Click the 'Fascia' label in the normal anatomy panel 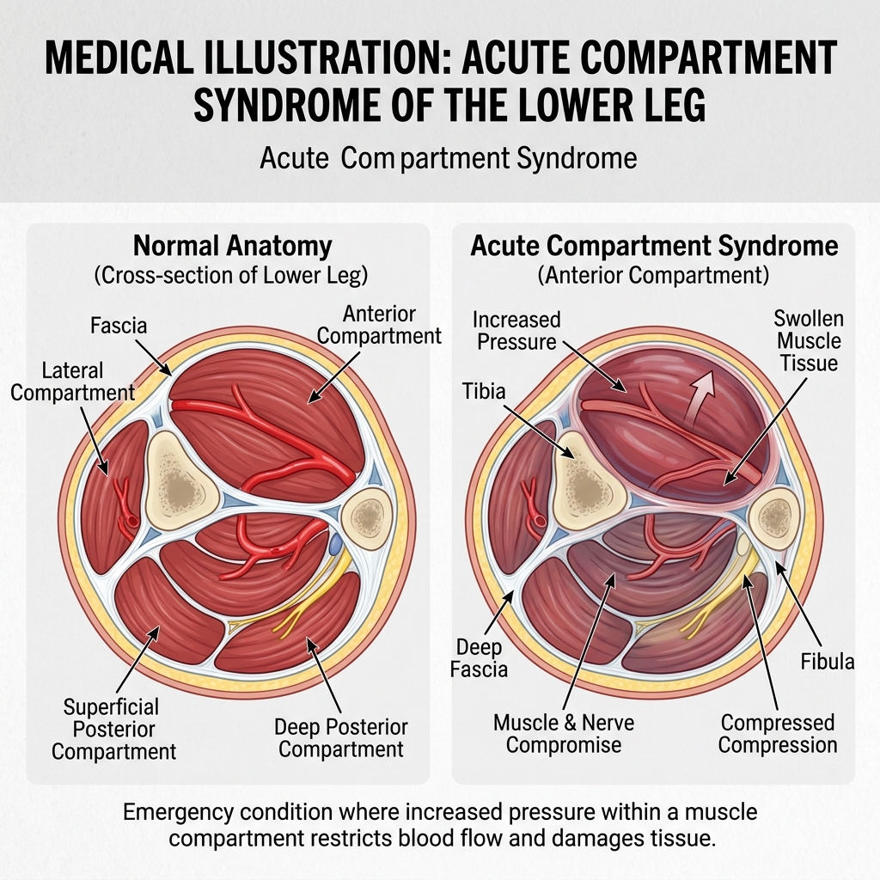point(119,327)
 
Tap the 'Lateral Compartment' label point(73,382)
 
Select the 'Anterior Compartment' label point(379,325)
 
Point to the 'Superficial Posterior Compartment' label point(113,729)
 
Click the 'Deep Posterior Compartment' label point(341,737)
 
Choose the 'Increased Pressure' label point(516,331)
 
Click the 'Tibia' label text point(483,392)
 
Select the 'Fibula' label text point(828,661)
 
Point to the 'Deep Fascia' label point(479,657)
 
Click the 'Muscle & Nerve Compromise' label point(564,732)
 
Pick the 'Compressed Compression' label point(778,733)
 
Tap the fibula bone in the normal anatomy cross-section point(369,516)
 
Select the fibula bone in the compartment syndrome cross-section point(775,516)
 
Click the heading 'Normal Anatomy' point(232,246)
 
